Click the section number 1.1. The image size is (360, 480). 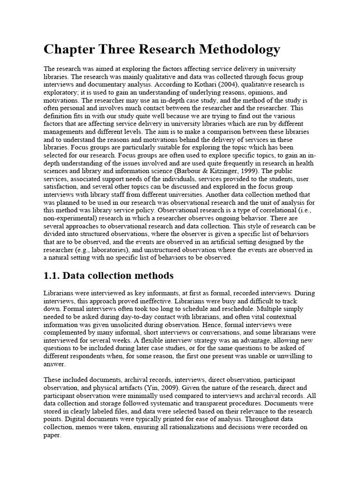(x=52, y=276)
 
